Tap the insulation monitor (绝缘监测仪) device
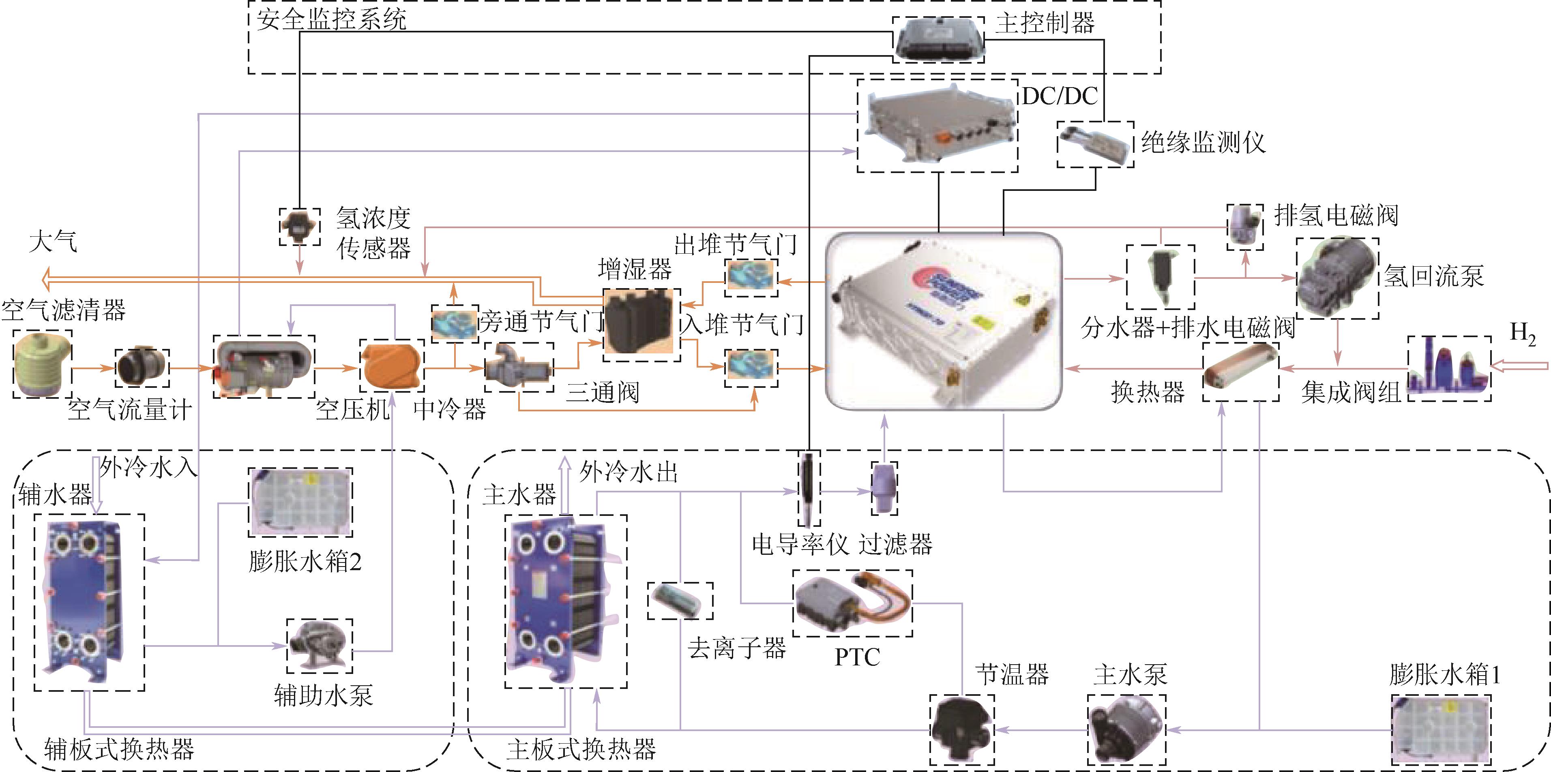coord(1094,143)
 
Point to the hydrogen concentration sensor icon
coord(299,226)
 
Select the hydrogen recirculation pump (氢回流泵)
coord(1336,278)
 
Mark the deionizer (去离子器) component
coord(680,600)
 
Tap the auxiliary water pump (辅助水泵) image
coord(319,645)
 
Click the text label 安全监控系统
coord(332,19)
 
